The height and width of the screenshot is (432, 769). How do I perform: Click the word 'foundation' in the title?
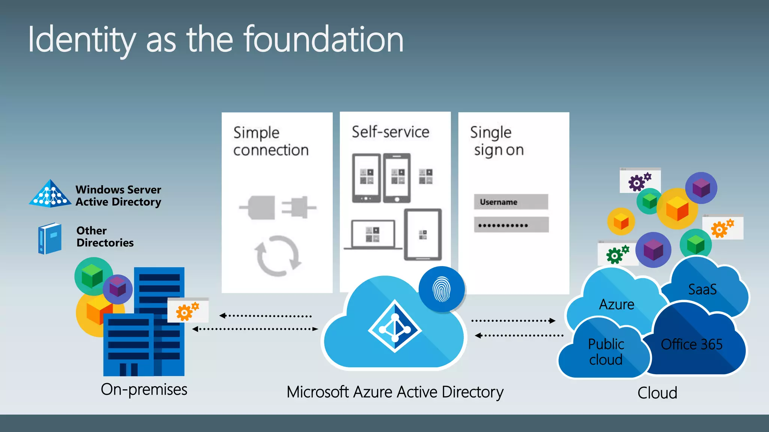click(x=324, y=39)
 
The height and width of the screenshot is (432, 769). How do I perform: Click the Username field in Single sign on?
click(x=511, y=202)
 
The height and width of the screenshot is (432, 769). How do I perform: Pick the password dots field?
click(x=511, y=225)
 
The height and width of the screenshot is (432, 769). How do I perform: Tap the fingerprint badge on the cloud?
click(x=442, y=289)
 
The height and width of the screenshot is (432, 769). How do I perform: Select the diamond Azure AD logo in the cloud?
click(x=395, y=326)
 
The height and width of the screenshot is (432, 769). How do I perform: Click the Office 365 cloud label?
click(x=691, y=344)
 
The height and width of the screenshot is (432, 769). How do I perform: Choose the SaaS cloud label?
click(x=702, y=289)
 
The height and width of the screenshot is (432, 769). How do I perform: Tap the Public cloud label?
click(x=606, y=352)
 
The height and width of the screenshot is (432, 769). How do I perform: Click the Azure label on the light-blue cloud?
click(x=617, y=304)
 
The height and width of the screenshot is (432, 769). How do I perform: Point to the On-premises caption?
click(x=144, y=389)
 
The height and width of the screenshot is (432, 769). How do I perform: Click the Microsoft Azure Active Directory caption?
click(x=395, y=392)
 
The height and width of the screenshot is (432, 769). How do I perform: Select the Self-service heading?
click(x=390, y=132)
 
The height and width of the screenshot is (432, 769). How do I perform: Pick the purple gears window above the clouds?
click(x=640, y=181)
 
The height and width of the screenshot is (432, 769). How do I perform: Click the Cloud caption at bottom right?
click(x=657, y=393)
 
